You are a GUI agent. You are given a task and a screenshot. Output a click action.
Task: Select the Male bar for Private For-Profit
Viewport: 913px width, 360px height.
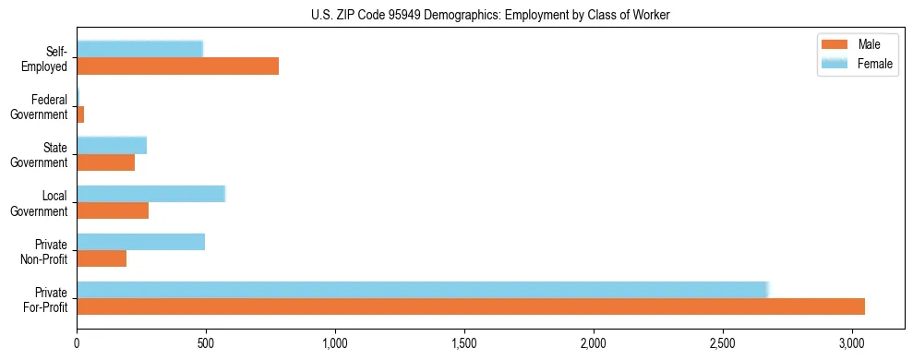tap(471, 306)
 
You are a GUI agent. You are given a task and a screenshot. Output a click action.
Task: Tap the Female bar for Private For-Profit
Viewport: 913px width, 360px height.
tap(422, 290)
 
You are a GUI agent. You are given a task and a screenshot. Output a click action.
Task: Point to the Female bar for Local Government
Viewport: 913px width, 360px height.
tap(150, 194)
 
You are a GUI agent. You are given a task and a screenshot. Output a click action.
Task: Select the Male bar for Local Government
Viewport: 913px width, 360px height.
tap(113, 210)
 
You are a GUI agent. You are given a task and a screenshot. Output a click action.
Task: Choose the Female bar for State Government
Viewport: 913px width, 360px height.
tap(112, 146)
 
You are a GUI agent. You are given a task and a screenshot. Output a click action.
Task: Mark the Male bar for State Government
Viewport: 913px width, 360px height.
tap(106, 162)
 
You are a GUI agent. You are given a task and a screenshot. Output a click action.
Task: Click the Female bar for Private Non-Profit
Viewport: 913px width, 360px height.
tap(140, 242)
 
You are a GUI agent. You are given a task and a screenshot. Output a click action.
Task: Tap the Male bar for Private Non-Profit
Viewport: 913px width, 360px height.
tap(102, 258)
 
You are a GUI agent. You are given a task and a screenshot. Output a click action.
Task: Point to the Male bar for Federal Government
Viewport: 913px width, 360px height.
tap(80, 114)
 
